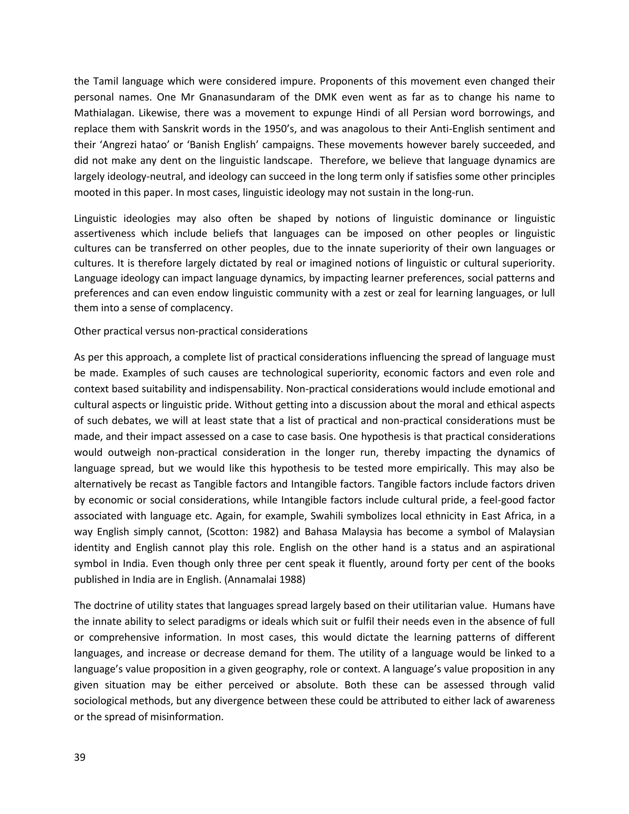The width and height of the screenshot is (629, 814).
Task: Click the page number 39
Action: coord(80,758)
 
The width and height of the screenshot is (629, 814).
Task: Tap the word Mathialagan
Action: coord(101,113)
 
